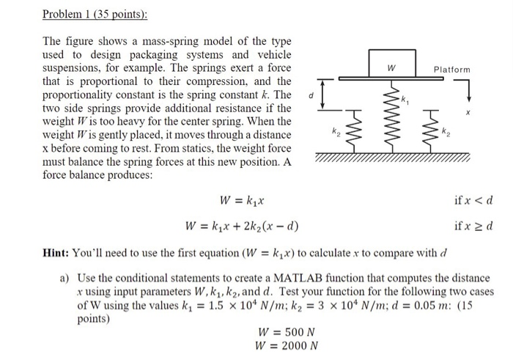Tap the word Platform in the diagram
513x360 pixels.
pos(451,70)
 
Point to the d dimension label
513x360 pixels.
pos(311,95)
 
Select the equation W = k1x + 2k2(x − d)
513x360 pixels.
pos(241,224)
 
